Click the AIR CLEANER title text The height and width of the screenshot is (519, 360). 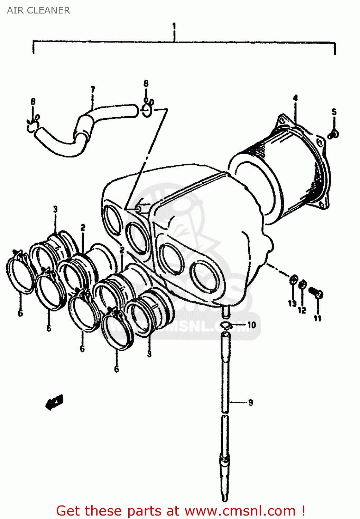point(38,10)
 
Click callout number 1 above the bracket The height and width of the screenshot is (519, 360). point(174,26)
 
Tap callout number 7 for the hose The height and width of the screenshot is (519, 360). point(93,90)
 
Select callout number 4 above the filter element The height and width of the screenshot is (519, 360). point(295,98)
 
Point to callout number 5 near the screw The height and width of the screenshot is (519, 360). point(334,112)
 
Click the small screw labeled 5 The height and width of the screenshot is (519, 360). point(334,134)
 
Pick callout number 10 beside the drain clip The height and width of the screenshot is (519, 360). point(251,325)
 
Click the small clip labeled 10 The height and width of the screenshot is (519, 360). point(227,325)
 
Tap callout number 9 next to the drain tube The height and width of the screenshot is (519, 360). point(250,402)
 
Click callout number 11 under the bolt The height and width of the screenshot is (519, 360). point(317,318)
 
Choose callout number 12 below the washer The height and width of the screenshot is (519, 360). point(302,310)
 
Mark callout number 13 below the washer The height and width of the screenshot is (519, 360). point(292,303)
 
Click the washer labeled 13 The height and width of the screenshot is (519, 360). point(293,280)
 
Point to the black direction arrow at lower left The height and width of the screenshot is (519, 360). point(55,402)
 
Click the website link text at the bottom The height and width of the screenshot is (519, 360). point(181,511)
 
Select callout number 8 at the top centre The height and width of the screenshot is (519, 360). point(146,83)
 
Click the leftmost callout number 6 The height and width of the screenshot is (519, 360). point(20,313)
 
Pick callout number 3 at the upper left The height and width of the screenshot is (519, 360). point(55,209)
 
